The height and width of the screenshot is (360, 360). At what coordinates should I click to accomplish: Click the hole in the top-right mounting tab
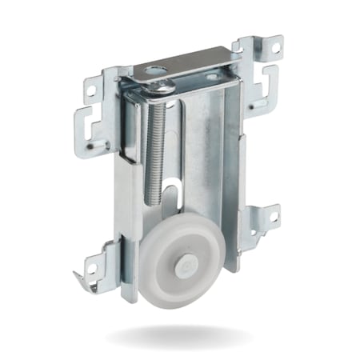[x=274, y=47]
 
